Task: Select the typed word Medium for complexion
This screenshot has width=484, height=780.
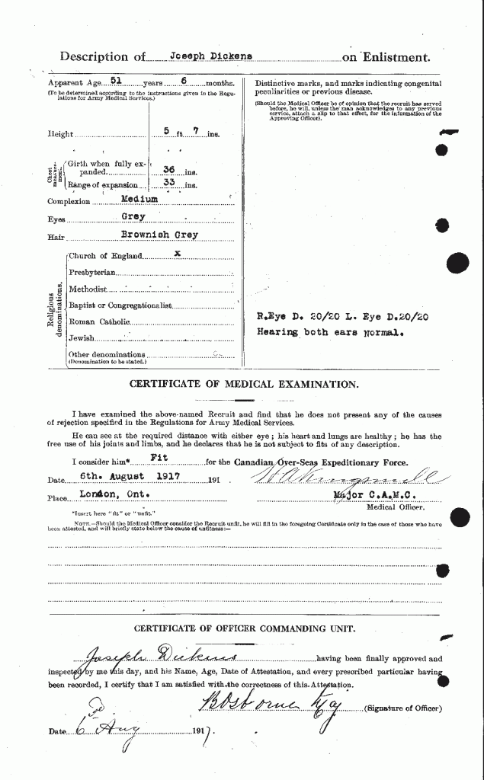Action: point(141,199)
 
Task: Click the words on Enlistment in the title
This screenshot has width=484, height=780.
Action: point(386,57)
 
